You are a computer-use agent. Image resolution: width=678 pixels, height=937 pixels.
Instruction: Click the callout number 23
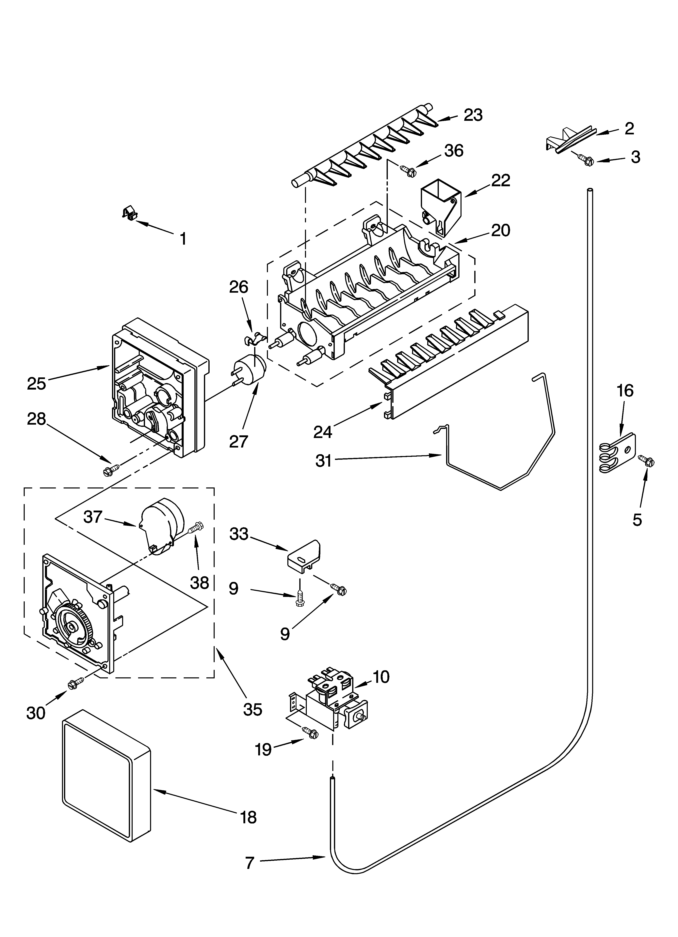(473, 115)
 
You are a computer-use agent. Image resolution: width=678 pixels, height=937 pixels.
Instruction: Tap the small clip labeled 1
(130, 213)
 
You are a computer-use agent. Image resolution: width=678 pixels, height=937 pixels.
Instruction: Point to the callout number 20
(500, 230)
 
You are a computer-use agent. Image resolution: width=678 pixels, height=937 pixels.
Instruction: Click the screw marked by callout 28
(111, 469)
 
